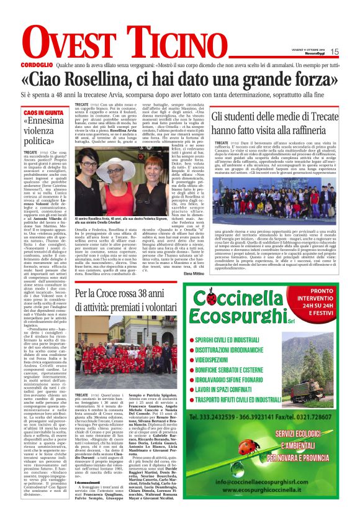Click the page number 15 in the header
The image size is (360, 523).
click(x=334, y=52)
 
